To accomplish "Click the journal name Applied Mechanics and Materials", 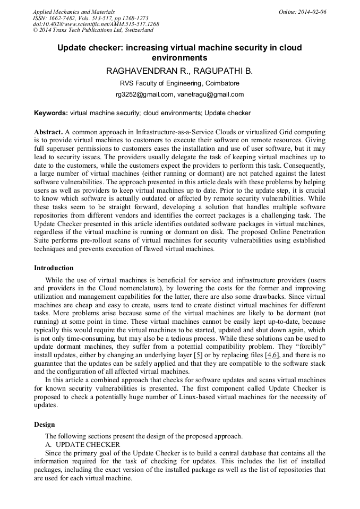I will coord(73,12).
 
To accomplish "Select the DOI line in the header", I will coord(96,24).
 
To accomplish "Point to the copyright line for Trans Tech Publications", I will coord(93,30).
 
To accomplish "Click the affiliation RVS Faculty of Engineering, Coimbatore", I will coord(179,83).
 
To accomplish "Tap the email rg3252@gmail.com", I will coord(144,94).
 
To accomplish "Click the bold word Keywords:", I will coord(51,113).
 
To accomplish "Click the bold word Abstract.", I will coord(48,131).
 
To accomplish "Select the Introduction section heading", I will coord(54,268).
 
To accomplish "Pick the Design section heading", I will coord(45,425).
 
